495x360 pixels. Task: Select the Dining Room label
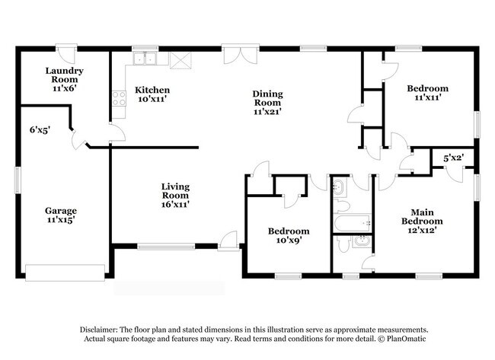[268, 102]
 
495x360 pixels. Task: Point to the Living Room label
[175, 195]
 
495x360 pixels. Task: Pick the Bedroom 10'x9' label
[288, 236]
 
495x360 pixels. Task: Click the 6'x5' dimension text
[39, 130]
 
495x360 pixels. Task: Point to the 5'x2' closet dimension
[454, 158]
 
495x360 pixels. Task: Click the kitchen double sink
[143, 59]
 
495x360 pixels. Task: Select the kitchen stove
[119, 97]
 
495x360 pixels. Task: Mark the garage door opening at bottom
[65, 272]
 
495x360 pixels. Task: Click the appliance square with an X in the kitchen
[180, 60]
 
